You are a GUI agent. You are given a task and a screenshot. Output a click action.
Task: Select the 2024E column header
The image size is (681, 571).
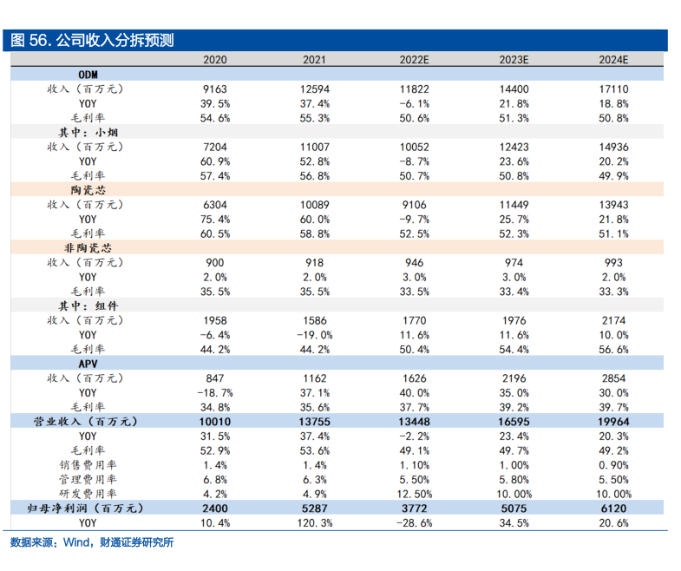(613, 60)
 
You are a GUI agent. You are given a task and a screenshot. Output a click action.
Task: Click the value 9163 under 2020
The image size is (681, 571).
(214, 89)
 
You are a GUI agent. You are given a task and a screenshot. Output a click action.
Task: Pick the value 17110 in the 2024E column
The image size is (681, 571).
(613, 89)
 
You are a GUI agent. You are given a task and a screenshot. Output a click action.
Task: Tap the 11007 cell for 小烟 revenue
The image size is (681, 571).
(314, 147)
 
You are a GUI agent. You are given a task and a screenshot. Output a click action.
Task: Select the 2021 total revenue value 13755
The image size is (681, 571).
(314, 422)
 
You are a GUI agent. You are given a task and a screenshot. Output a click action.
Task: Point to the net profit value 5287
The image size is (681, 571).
(314, 509)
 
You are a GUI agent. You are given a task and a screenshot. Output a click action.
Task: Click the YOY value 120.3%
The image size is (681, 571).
(314, 523)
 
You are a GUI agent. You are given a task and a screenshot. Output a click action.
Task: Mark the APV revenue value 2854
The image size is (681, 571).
(613, 378)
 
